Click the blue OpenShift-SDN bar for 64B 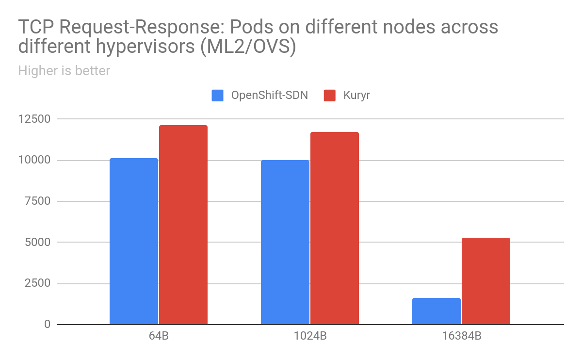point(134,241)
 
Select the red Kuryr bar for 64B point(183,225)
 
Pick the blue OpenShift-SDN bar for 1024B point(285,242)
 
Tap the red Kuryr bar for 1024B point(335,228)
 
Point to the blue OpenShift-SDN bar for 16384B point(436,311)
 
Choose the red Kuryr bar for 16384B point(486,281)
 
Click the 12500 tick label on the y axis point(35,119)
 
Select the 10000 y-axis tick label point(35,160)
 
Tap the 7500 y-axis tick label point(38,201)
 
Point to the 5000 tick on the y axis point(38,242)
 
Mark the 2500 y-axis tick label point(38,283)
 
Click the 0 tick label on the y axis point(47,324)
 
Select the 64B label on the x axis point(159,336)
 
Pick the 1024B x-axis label point(310,336)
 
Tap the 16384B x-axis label point(461,336)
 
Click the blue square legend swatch point(218,95)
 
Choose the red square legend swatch point(330,95)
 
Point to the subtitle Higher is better point(64,71)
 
